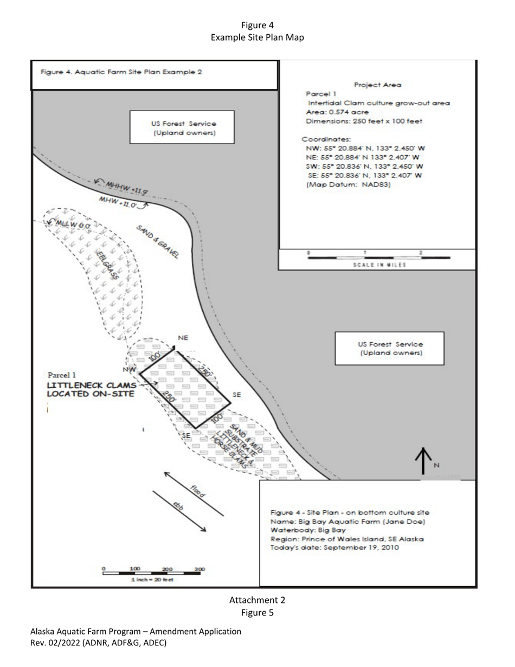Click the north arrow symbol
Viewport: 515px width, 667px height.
click(423, 460)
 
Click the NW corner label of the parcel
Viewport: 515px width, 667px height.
click(129, 369)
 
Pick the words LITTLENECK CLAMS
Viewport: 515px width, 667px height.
click(91, 384)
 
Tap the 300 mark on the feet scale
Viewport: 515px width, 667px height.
click(199, 569)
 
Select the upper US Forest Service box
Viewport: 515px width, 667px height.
click(182, 128)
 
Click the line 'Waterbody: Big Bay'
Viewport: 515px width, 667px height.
click(307, 530)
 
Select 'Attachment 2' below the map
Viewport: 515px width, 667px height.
click(257, 600)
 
